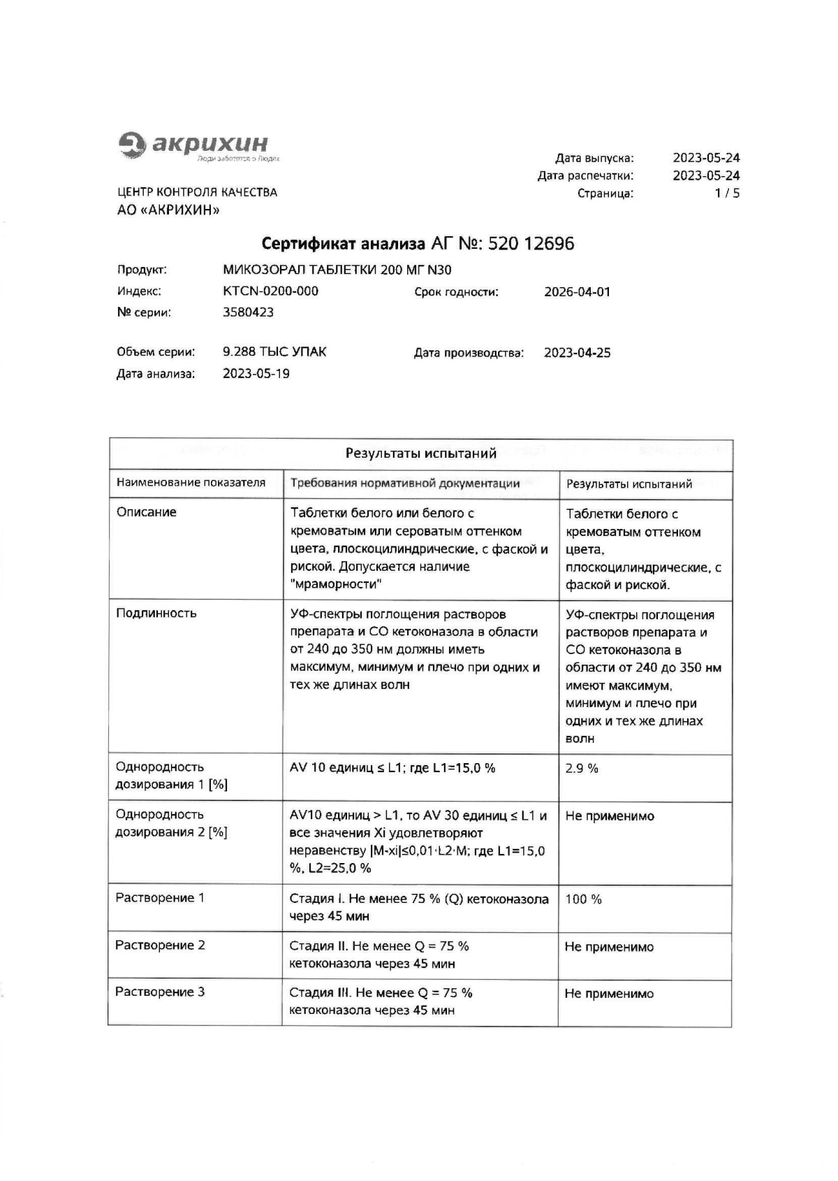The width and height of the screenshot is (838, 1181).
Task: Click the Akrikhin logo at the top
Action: tap(193, 145)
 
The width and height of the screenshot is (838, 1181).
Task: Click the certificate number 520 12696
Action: tap(531, 243)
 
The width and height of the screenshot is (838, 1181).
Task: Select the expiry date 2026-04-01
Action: tap(577, 291)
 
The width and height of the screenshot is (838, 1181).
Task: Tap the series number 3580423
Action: tap(248, 312)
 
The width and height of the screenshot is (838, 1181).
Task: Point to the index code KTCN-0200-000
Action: tap(270, 291)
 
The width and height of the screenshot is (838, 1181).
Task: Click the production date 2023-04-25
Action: tap(577, 353)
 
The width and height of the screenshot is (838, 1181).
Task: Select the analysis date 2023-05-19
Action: tap(256, 373)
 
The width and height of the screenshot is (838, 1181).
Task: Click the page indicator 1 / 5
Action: tap(726, 194)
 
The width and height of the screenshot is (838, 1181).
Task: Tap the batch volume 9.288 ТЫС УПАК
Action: tap(274, 352)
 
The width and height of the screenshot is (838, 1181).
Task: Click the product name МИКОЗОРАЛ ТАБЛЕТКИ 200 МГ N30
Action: tap(337, 270)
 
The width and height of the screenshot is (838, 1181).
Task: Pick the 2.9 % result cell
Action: tap(582, 768)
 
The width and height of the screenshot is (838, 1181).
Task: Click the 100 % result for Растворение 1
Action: tap(583, 899)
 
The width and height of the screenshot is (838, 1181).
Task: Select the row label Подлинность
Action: tap(156, 613)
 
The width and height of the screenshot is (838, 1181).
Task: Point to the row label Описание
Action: tap(146, 512)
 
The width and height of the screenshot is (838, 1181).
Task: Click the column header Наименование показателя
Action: tap(191, 482)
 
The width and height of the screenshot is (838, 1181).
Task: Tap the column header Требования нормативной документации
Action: tap(404, 483)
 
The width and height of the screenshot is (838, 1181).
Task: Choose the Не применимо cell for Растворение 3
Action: tap(609, 994)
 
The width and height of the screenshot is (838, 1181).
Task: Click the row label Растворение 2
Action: tap(160, 945)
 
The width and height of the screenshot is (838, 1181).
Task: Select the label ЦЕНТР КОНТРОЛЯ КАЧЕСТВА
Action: tap(197, 192)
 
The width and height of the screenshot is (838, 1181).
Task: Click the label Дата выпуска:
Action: tap(594, 158)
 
